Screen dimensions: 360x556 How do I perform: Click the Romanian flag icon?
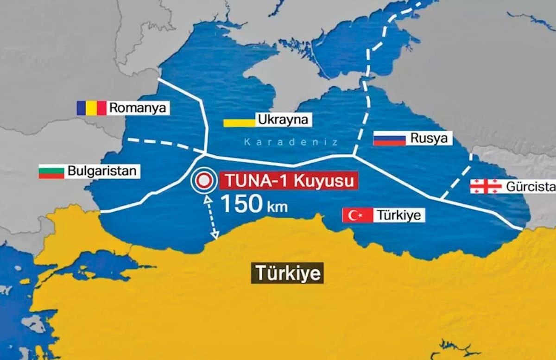pos(91,108)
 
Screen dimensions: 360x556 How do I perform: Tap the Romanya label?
pos(138,108)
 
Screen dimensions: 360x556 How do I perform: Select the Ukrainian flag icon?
pos(239,122)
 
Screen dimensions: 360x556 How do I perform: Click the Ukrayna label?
pos(283,120)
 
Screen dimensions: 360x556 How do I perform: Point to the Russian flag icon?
pos(389,138)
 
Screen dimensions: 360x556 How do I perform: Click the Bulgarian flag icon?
pos(51,171)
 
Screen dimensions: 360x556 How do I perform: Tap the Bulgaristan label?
pos(102,171)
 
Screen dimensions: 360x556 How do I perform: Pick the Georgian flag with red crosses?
pos(486,186)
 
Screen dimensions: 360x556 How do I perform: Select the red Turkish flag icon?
pos(357,215)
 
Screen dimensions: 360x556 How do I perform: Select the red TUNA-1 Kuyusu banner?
pos(288,180)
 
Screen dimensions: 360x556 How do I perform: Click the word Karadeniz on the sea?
pos(291,142)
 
